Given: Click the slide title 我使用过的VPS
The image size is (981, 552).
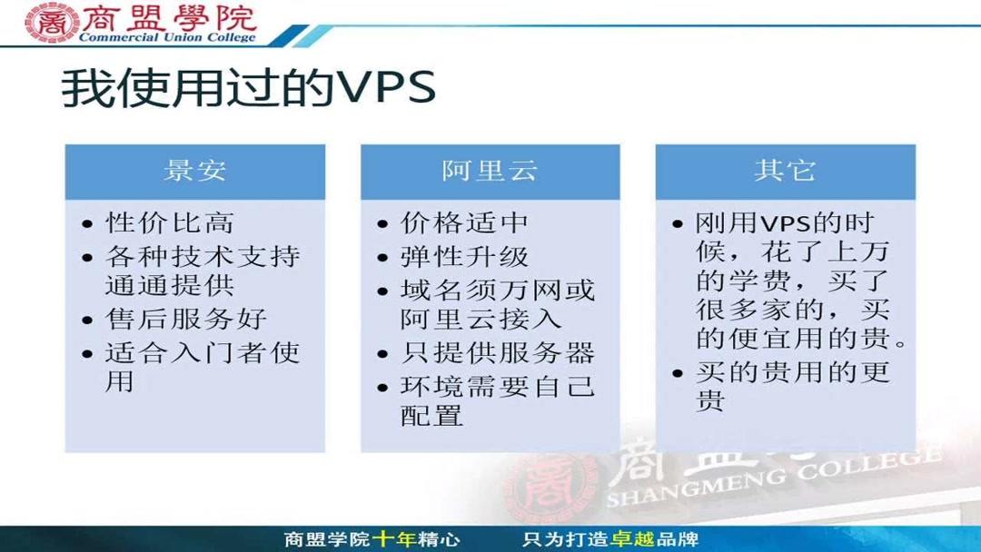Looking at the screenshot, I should click(x=248, y=89).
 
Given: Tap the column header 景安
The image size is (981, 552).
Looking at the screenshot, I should click(x=194, y=171).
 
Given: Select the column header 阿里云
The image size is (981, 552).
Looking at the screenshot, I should click(x=490, y=171).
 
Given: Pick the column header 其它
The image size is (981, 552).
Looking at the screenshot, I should click(x=785, y=171).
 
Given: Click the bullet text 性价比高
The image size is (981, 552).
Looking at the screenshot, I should click(x=169, y=223).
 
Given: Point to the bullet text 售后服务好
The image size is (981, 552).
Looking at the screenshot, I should click(x=186, y=320).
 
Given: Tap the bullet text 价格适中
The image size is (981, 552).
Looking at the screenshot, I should click(x=464, y=223).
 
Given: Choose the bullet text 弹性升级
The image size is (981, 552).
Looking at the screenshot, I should click(x=464, y=256).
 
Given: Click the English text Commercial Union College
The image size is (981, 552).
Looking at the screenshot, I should click(x=168, y=38).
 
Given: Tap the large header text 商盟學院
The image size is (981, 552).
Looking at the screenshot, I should click(x=169, y=17).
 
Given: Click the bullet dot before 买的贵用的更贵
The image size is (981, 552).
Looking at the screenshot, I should click(x=678, y=373).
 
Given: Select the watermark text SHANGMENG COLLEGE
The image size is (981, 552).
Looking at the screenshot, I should click(x=772, y=479).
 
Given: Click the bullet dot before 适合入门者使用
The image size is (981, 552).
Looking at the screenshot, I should click(x=87, y=354).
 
